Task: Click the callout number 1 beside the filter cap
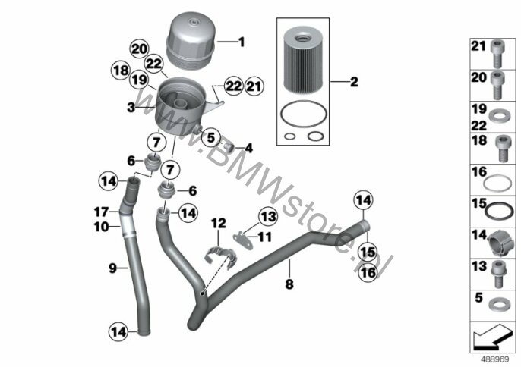(x=242, y=42)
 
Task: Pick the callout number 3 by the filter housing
(x=131, y=108)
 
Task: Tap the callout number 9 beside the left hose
(x=112, y=267)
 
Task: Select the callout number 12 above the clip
(x=219, y=223)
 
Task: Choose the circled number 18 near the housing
(x=120, y=71)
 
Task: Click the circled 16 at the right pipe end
(x=368, y=272)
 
